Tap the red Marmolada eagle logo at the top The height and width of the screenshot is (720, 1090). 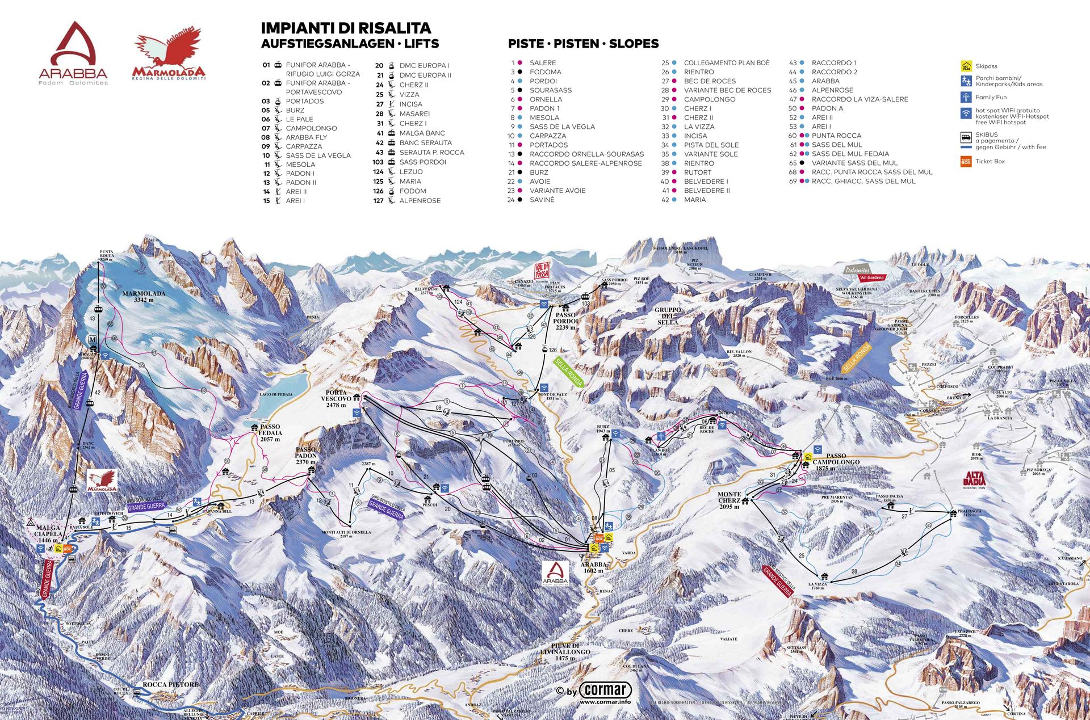[168, 56]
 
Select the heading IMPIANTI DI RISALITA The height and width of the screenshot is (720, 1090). [346, 28]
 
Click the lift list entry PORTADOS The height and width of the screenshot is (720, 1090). [304, 101]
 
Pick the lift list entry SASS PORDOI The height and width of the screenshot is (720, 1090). [422, 162]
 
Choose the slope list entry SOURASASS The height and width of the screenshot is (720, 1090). [550, 90]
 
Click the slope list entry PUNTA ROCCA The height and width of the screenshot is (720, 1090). [836, 136]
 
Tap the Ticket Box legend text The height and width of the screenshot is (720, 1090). [990, 161]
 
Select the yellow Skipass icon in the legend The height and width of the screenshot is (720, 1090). [966, 66]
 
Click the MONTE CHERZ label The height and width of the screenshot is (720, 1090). [730, 500]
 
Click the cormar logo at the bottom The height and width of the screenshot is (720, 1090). [606, 690]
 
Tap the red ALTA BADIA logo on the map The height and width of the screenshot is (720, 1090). [974, 479]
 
